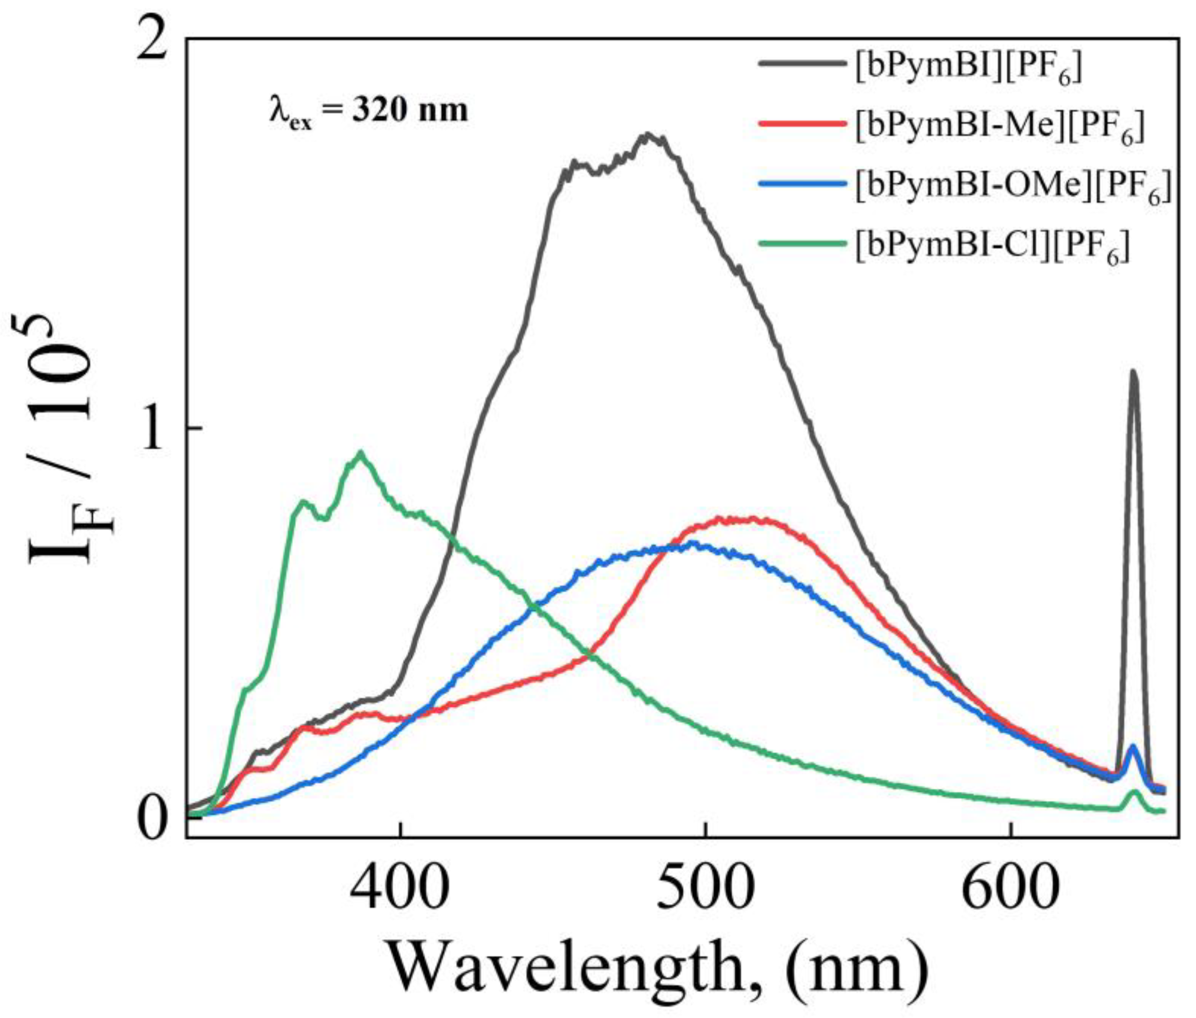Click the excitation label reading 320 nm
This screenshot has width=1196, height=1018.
pyautogui.click(x=369, y=111)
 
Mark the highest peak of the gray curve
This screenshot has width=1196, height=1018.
pyautogui.click(x=649, y=135)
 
